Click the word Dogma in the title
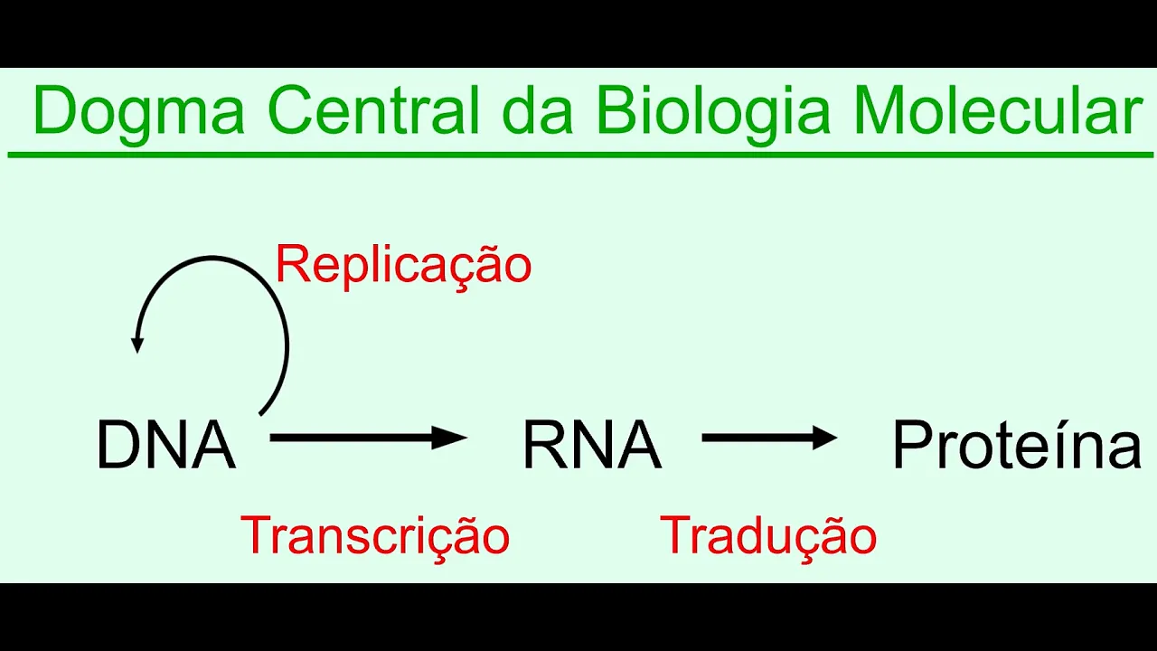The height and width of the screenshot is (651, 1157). click(x=138, y=112)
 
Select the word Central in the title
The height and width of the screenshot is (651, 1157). click(x=373, y=110)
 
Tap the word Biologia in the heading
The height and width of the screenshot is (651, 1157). click(x=712, y=112)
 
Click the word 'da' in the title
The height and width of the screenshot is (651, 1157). click(x=537, y=110)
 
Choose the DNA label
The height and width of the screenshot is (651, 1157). click(x=165, y=446)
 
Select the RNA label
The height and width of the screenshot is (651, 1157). click(x=592, y=446)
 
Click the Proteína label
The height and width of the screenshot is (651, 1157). click(x=1016, y=446)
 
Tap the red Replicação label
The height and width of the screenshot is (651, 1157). click(x=403, y=265)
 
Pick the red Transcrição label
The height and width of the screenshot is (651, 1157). click(x=375, y=535)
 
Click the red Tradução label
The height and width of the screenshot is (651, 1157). click(x=768, y=535)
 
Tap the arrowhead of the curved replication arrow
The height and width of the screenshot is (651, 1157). click(x=137, y=344)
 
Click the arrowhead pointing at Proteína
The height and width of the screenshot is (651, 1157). click(x=824, y=439)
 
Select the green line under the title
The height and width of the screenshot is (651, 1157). click(x=578, y=156)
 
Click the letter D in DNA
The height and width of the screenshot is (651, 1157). click(x=116, y=446)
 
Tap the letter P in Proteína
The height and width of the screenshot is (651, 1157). click(x=908, y=446)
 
